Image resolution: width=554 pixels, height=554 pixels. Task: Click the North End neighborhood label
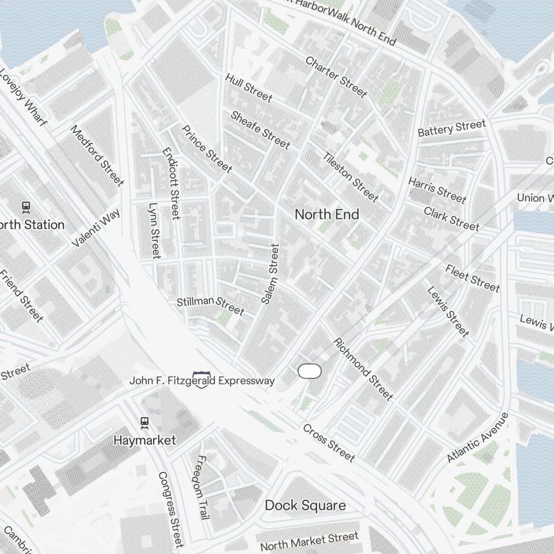tap(327, 214)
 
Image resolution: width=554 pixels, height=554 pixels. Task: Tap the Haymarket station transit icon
tap(145, 423)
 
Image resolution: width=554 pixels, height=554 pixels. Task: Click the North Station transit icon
tap(25, 207)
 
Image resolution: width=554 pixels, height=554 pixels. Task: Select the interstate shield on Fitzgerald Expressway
tap(201, 380)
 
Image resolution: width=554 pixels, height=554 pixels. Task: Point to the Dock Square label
tap(305, 505)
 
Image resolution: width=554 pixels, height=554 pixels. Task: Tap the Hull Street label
tap(249, 88)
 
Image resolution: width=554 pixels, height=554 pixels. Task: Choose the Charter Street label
tap(336, 76)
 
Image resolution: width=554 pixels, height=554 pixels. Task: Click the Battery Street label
tap(452, 129)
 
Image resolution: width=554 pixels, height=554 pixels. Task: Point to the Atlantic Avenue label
tap(478, 438)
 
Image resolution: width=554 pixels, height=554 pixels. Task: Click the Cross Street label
tap(329, 443)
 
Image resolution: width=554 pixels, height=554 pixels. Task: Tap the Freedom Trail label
tap(203, 487)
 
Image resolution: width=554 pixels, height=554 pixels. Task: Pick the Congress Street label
tap(171, 509)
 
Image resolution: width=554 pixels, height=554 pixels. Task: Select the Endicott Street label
tap(171, 183)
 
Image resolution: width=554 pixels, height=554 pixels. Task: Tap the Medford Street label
tap(97, 155)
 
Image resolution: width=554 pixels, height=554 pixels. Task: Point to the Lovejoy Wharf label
tap(23, 98)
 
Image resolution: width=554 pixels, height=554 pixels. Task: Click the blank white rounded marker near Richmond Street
tap(310, 371)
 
